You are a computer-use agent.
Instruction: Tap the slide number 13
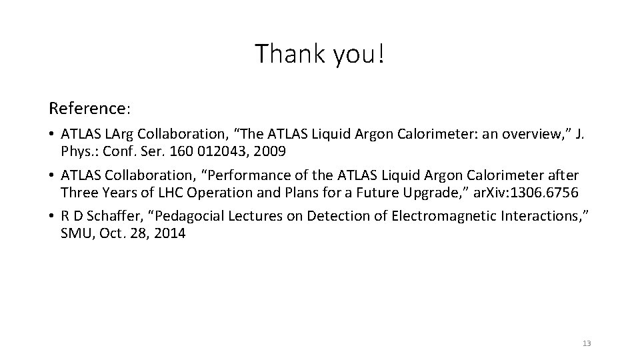pyautogui.click(x=587, y=343)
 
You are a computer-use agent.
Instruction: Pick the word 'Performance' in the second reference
pyautogui.click(x=256, y=175)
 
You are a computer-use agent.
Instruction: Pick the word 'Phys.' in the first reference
pyautogui.click(x=78, y=151)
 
